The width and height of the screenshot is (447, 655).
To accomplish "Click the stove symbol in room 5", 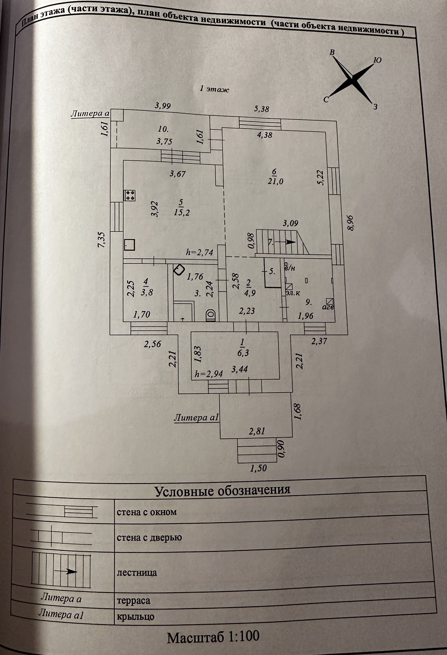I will (130, 195).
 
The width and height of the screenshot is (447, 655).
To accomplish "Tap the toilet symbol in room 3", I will (210, 315).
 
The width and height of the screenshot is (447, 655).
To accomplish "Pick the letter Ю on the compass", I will (377, 60).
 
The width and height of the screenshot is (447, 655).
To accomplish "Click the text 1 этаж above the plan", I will (214, 89).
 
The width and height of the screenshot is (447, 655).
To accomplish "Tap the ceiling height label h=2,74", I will (200, 252).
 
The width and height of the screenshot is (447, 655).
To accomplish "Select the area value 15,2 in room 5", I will (182, 212).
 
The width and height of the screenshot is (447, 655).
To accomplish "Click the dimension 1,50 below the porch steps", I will (258, 468).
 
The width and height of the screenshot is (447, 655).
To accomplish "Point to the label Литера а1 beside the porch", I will (196, 418).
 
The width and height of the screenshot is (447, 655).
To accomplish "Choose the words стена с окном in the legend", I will (147, 512).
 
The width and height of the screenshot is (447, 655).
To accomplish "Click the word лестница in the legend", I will (137, 572).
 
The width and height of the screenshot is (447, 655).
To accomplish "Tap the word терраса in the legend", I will (134, 601).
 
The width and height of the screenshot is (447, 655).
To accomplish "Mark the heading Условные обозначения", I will (222, 491).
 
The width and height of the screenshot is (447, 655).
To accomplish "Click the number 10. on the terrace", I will (163, 129).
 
